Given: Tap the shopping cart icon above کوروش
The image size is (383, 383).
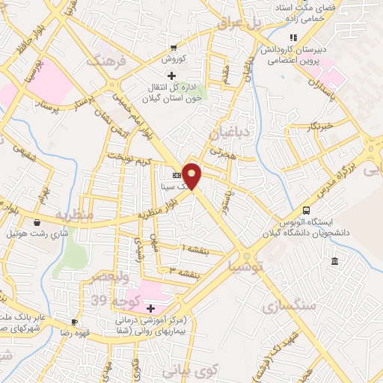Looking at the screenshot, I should pos(174,46).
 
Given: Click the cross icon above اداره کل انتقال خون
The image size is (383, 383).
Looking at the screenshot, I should pos(172,76).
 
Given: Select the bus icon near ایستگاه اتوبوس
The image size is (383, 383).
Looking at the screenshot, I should pos(306,210).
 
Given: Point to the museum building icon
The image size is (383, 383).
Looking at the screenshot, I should pos(334,261).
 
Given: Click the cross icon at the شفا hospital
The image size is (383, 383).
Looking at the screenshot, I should pos(151,308).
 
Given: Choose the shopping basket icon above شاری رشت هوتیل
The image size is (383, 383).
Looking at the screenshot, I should pos(37,221).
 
